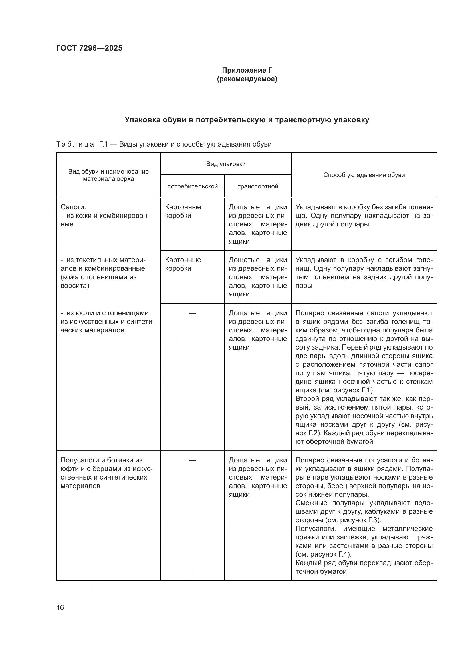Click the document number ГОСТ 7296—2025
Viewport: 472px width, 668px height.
(x=89, y=48)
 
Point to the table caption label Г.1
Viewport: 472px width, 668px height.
(x=104, y=144)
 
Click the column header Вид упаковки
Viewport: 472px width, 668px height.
(x=226, y=164)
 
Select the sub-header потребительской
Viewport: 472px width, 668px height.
(x=192, y=186)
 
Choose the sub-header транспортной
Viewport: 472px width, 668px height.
(x=258, y=186)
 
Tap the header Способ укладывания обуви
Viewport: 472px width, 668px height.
(x=364, y=175)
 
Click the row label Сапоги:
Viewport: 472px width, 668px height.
(x=73, y=207)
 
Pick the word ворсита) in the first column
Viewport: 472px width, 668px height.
(x=75, y=285)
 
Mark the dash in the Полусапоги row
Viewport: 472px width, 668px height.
(x=192, y=460)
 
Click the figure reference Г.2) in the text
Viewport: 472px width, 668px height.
(x=312, y=433)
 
